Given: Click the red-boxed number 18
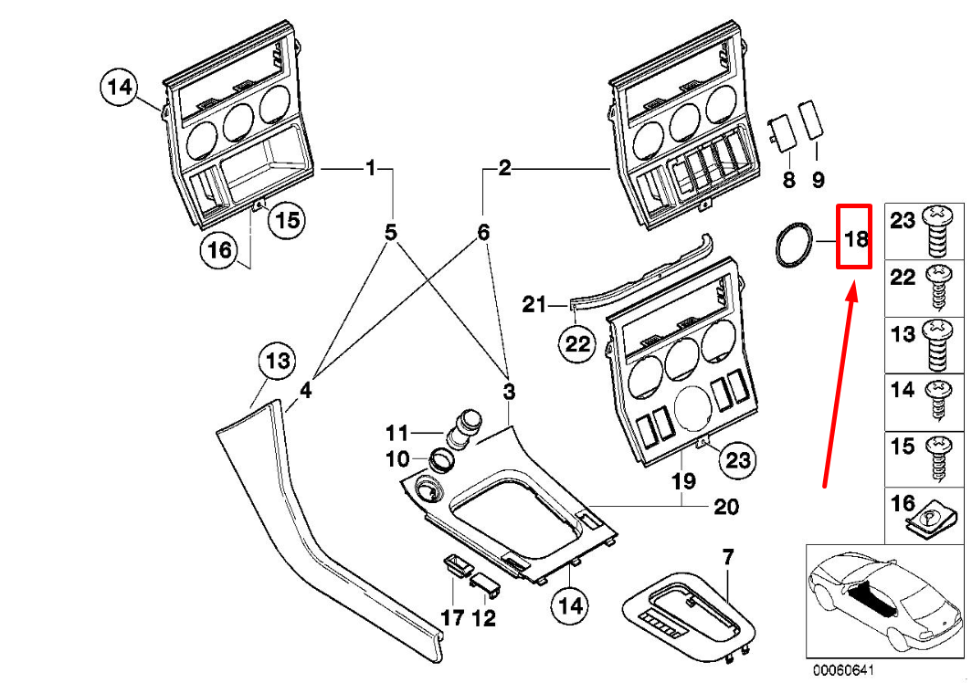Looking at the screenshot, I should (855, 239).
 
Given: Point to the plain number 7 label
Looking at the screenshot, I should (728, 556).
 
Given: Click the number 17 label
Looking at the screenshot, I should (453, 618).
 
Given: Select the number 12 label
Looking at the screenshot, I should (483, 618).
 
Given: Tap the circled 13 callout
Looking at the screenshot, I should (277, 363).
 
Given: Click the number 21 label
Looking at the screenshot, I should (534, 304).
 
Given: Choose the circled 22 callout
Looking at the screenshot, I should (577, 344).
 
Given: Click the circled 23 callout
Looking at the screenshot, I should (737, 460).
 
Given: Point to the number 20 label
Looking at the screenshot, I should (726, 507).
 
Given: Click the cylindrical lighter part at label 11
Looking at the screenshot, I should (465, 427).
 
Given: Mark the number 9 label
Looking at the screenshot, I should (818, 180).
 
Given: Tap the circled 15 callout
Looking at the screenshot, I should (288, 220).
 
